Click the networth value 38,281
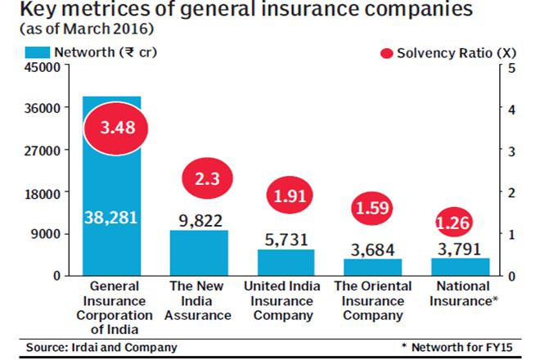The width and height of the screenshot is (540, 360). [x=111, y=218]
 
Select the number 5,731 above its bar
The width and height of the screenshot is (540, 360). [x=286, y=237]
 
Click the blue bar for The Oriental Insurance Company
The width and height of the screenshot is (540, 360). [x=373, y=267]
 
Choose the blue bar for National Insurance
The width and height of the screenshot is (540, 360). [x=460, y=267]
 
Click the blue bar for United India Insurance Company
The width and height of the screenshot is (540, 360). [x=286, y=262]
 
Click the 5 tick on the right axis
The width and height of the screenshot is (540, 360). [x=511, y=66]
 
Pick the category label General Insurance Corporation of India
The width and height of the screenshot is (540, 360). [x=111, y=308]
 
